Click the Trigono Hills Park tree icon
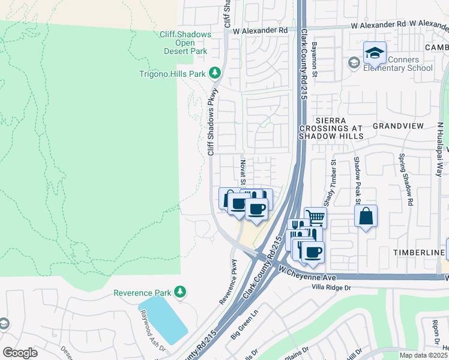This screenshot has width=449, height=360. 215,74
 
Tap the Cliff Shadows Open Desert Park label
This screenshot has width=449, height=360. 184,43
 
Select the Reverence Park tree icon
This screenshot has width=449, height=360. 180,292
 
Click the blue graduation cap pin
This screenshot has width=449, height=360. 375,53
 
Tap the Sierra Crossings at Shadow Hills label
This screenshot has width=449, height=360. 339,128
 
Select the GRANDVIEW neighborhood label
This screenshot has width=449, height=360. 398,126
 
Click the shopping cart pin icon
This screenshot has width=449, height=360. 315,218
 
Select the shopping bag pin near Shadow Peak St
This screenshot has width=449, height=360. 366,216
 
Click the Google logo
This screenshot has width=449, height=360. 20,353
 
